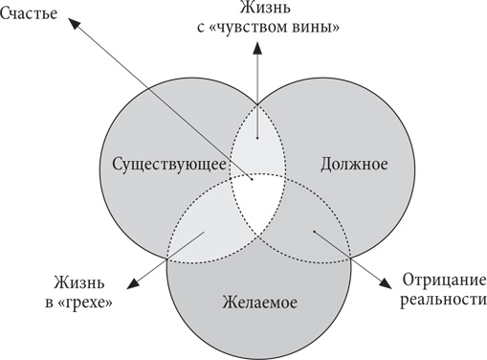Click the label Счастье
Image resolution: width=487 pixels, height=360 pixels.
(32, 17)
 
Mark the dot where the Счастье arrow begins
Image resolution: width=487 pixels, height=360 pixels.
(251, 177)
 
